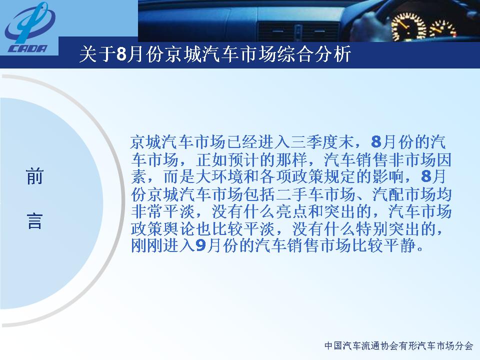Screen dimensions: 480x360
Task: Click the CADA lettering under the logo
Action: (x=27, y=48)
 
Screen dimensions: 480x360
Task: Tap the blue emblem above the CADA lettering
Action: (x=29, y=23)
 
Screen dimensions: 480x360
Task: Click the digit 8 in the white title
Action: (x=121, y=55)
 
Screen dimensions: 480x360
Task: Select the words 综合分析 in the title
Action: (x=314, y=55)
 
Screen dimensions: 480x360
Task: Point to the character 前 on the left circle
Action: (x=34, y=176)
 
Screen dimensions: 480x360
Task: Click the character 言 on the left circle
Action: (x=34, y=221)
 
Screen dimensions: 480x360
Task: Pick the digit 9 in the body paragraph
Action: (x=200, y=245)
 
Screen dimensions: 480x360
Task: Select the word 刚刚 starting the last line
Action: (x=147, y=245)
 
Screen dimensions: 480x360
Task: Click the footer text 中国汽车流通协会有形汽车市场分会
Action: (x=399, y=346)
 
